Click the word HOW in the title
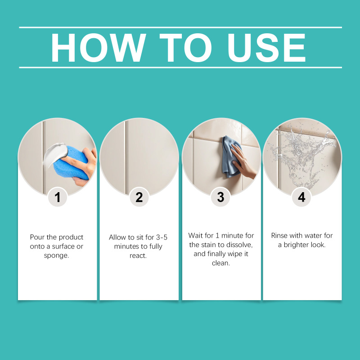98,48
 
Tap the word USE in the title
266,48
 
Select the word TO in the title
185,48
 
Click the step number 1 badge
58,197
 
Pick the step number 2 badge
139,197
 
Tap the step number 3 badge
220,197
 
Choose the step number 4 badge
301,197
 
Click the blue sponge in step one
71,163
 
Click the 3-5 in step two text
162,237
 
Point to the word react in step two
138,256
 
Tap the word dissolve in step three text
240,245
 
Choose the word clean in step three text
220,263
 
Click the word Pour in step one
37,237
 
